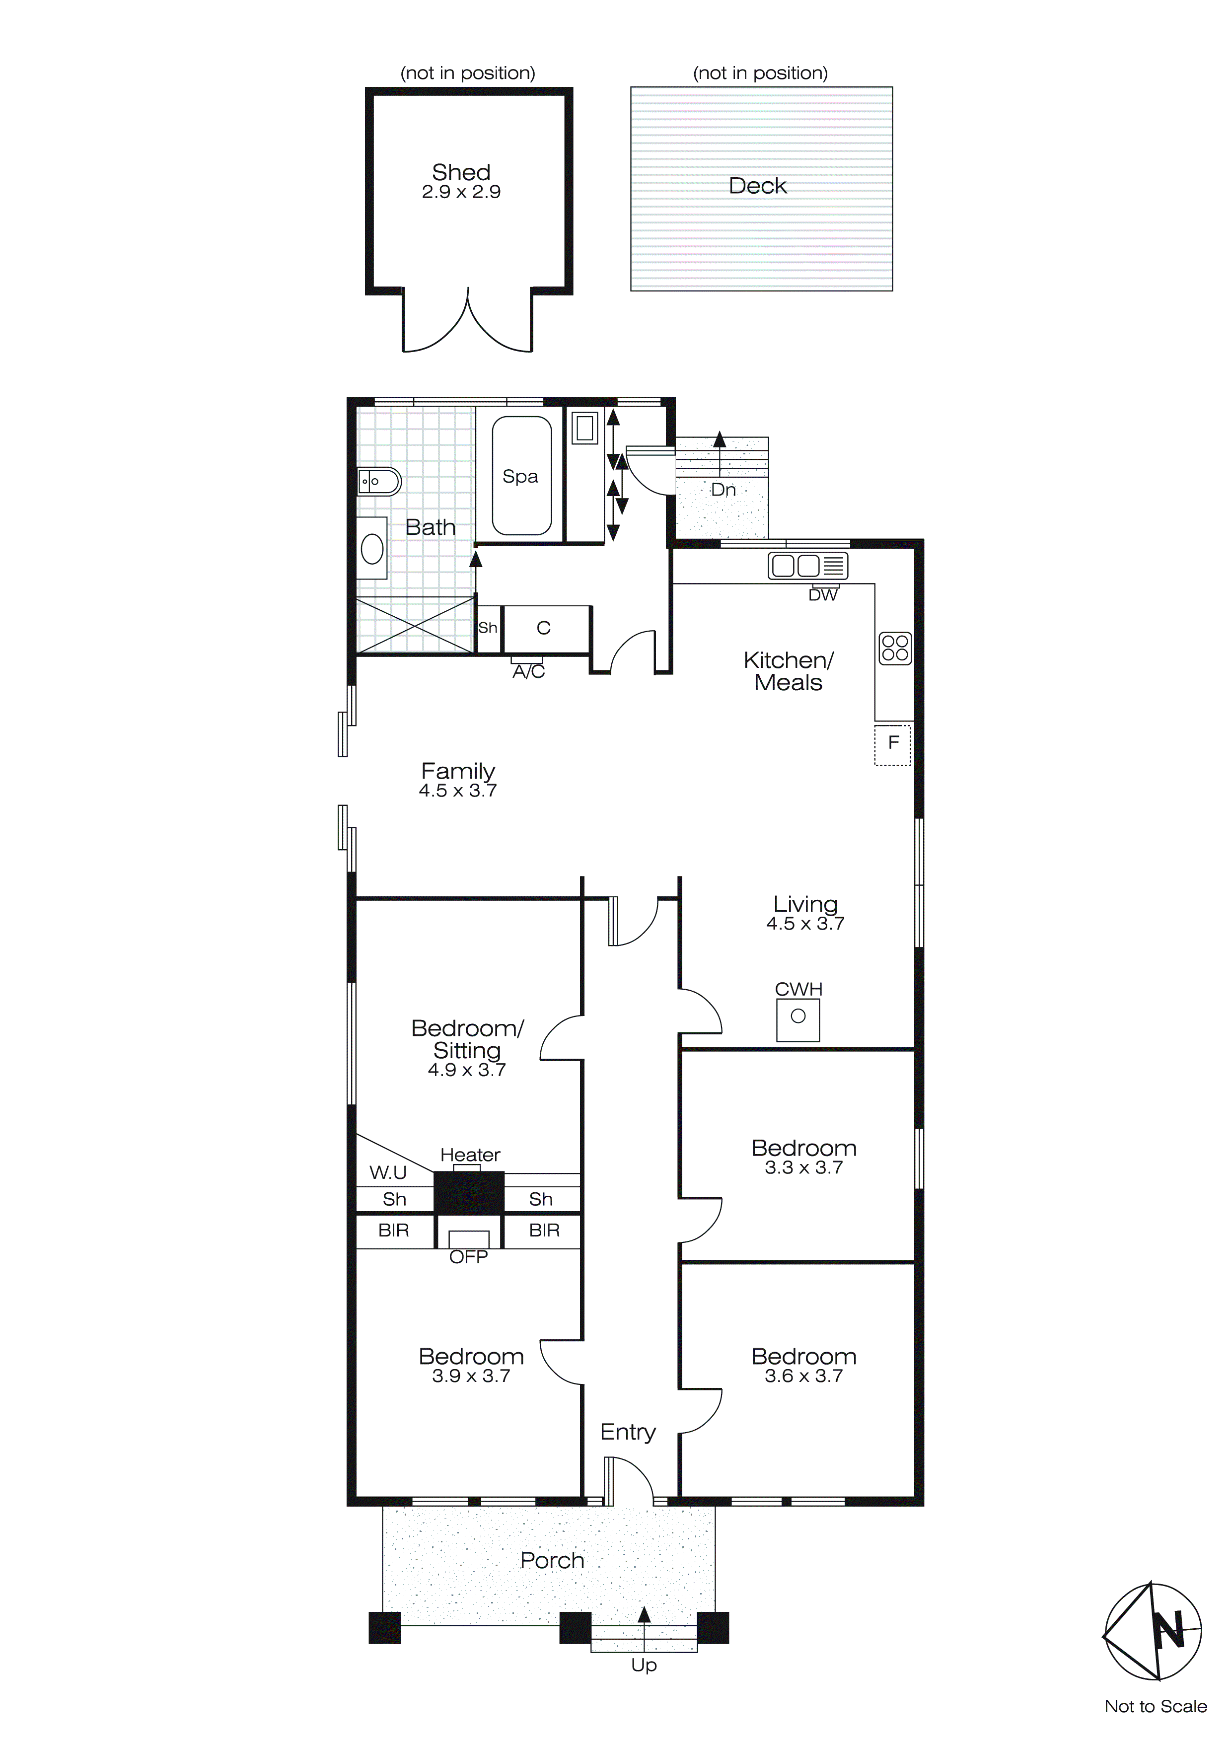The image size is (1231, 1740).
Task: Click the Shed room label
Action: (461, 172)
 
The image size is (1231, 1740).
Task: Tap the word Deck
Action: (757, 186)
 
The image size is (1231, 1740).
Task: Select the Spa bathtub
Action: (521, 476)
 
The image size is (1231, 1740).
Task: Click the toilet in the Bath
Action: (379, 481)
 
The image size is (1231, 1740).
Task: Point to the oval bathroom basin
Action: (372, 549)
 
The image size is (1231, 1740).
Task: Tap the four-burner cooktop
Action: (895, 649)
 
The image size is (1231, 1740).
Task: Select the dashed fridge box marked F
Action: (893, 744)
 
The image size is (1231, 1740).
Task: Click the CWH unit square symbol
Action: (798, 1019)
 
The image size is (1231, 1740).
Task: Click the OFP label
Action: (468, 1257)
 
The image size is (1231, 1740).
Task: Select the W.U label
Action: (388, 1173)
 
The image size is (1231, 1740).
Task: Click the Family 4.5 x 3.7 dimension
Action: (458, 791)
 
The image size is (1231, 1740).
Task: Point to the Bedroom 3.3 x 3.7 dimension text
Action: (803, 1168)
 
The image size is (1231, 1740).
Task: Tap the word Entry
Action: (628, 1432)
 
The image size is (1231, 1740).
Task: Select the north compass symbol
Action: (1152, 1629)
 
